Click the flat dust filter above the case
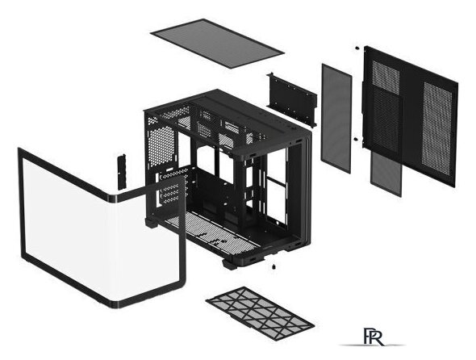217,43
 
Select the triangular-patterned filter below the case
260,313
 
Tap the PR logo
373,337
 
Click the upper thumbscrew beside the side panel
357,48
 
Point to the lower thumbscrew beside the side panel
356,139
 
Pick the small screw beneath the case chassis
274,267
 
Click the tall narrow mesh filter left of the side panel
336,119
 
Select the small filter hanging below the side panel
386,174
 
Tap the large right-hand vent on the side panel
437,129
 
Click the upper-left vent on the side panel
386,77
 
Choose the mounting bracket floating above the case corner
292,99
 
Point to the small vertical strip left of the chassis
122,172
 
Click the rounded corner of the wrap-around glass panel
113,199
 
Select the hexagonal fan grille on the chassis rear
161,146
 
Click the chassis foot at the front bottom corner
232,263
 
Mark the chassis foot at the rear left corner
151,223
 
